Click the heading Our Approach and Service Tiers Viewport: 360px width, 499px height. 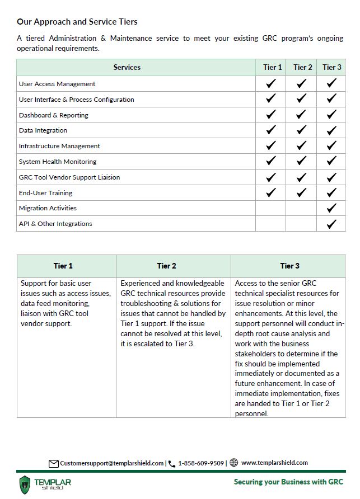point(77,22)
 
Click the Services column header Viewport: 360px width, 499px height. point(127,68)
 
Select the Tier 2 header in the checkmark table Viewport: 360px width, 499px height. point(302,68)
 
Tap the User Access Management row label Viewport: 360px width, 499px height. point(57,84)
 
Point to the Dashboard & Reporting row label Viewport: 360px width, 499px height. point(54,115)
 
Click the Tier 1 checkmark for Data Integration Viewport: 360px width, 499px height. point(271,130)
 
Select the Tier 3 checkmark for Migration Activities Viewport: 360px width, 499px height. point(331,208)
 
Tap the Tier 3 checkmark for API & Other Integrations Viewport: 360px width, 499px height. point(331,224)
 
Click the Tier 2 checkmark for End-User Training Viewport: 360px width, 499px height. point(302,192)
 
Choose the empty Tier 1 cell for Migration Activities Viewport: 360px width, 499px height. point(271,208)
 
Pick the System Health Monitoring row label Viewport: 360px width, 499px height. point(58,162)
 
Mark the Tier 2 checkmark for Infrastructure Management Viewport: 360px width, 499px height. point(302,146)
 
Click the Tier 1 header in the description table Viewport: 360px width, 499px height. point(63,266)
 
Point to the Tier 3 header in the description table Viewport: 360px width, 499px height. point(290,266)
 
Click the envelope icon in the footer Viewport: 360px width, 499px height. point(54,463)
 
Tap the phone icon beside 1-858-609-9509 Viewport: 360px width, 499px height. point(172,464)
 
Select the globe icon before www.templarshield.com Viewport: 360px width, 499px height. point(233,463)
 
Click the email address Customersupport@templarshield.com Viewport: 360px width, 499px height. point(112,463)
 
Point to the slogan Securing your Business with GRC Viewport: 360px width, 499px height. point(288,482)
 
